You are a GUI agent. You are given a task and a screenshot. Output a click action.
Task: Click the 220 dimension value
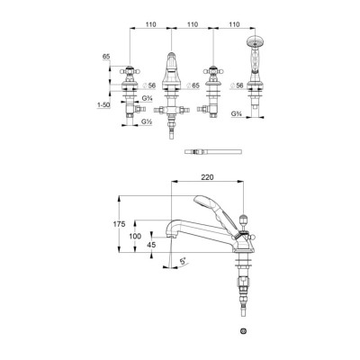click(x=207, y=177)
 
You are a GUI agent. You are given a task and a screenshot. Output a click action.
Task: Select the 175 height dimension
click(x=119, y=224)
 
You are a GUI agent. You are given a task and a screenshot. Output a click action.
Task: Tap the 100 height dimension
click(x=135, y=236)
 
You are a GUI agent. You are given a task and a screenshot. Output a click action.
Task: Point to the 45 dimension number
click(x=151, y=245)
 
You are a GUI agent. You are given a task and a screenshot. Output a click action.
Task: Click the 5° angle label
click(x=183, y=261)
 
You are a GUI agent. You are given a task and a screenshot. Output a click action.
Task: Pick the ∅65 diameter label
click(x=192, y=85)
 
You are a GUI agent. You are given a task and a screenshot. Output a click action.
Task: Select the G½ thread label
click(x=147, y=121)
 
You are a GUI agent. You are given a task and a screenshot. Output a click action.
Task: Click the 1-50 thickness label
click(x=103, y=104)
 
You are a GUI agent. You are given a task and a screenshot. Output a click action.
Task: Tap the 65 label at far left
click(x=106, y=57)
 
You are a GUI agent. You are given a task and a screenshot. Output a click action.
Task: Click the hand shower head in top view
click(x=255, y=41)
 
